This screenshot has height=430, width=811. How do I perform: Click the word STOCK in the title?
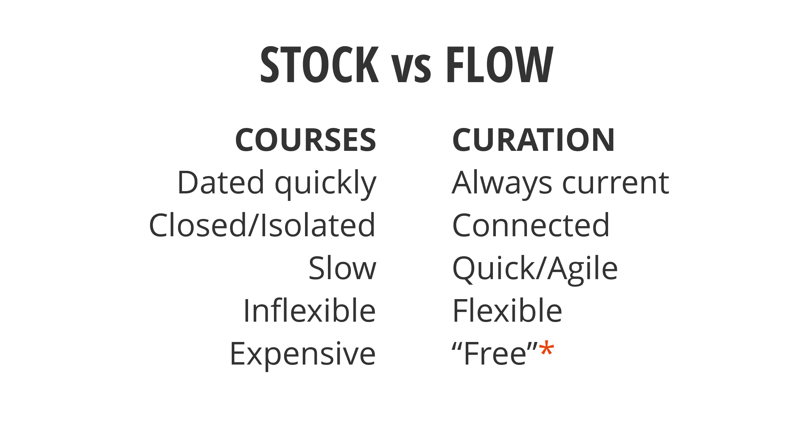(319, 64)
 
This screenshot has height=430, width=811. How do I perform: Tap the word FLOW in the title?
(499, 64)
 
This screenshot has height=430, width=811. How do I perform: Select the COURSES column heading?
(306, 140)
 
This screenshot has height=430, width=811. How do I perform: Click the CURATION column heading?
(533, 140)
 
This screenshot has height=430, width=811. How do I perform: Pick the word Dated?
(221, 183)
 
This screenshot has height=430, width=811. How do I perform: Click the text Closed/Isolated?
(262, 225)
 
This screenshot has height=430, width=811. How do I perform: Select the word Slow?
(342, 268)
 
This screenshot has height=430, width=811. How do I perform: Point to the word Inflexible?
(310, 311)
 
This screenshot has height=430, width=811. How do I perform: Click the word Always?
(502, 183)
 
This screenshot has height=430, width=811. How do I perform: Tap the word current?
(616, 183)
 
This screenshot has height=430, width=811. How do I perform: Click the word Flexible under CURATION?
(507, 311)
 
